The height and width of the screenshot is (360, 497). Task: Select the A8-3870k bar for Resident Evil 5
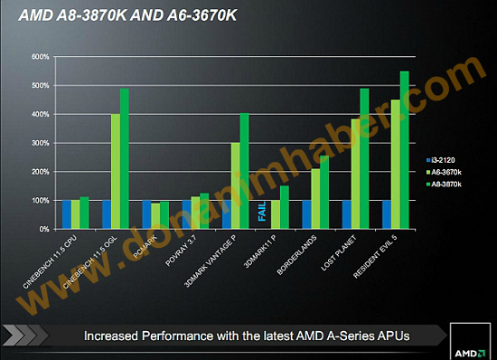(404, 150)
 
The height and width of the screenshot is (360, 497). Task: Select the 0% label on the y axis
(43, 229)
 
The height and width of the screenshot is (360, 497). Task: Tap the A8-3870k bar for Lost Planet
(364, 159)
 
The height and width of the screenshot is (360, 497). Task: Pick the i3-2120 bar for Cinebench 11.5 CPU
(66, 214)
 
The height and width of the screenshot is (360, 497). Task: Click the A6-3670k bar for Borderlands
(315, 199)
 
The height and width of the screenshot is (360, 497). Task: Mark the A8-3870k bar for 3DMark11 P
(284, 207)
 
